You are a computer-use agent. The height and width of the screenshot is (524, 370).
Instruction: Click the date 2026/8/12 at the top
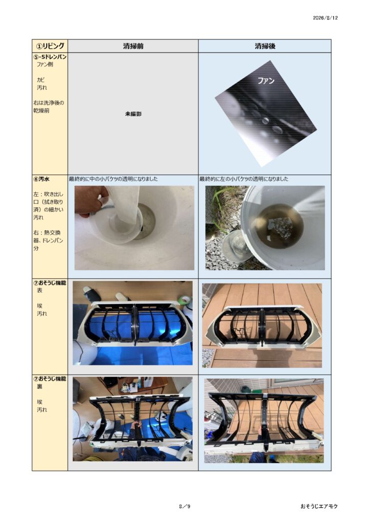point(325,18)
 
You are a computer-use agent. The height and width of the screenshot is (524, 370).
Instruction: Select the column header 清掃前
point(133,46)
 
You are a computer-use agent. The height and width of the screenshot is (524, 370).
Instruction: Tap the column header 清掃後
point(265,46)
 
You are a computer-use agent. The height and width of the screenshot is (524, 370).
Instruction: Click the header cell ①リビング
point(50,46)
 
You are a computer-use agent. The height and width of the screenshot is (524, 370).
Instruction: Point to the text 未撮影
point(133,114)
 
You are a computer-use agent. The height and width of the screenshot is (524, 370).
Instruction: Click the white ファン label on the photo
point(266,80)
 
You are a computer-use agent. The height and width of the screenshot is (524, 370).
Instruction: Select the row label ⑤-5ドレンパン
point(50,57)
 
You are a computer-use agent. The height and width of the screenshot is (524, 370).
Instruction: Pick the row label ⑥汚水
point(41,179)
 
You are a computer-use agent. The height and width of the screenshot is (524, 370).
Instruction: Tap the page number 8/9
point(184,506)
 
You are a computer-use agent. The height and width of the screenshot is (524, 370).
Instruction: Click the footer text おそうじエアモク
point(319,506)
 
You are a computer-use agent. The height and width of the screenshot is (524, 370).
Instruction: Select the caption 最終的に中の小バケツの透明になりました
point(113,179)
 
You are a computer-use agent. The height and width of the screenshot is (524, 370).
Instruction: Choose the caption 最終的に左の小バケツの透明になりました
point(244,179)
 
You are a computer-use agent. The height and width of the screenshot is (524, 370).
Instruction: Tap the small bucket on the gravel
point(238,246)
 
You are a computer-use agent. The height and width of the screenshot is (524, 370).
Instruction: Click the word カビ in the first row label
point(40,80)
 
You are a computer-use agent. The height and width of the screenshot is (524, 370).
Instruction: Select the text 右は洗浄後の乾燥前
point(49,106)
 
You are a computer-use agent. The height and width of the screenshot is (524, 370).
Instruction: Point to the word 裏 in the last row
point(39,387)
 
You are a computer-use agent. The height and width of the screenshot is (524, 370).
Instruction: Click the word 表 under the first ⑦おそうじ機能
point(39,291)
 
